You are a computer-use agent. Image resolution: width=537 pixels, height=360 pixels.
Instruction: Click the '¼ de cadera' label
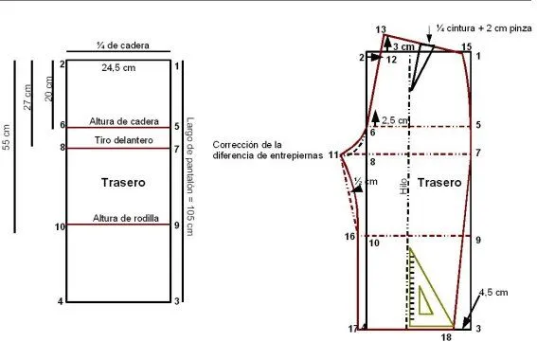pyautogui.click(x=122, y=45)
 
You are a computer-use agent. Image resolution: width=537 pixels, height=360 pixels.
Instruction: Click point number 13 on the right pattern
pyautogui.click(x=381, y=31)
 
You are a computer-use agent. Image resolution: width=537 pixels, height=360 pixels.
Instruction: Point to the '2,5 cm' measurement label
pyautogui.click(x=396, y=120)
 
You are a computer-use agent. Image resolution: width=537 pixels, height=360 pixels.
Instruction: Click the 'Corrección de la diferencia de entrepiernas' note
pyautogui.click(x=270, y=149)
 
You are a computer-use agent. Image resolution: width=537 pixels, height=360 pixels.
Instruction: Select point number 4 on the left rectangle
pyautogui.click(x=61, y=301)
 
